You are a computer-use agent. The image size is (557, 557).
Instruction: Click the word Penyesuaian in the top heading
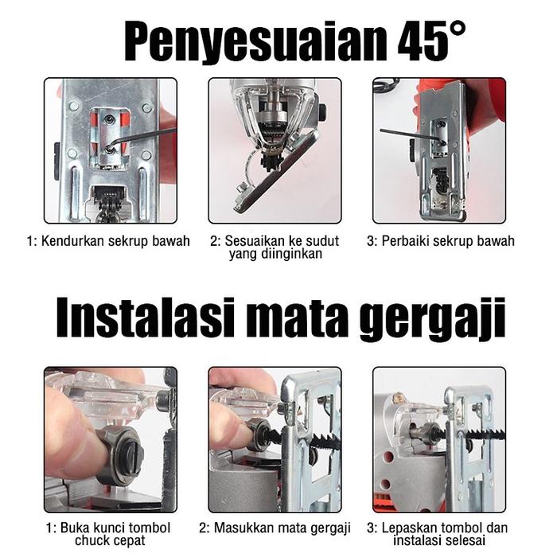click(255, 42)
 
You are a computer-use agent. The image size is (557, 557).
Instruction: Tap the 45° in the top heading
click(432, 41)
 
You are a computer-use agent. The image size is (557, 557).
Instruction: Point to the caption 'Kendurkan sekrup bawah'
click(115, 241)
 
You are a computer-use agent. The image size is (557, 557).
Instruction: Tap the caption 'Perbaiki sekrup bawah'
click(448, 241)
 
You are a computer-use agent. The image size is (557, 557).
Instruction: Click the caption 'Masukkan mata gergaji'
click(282, 528)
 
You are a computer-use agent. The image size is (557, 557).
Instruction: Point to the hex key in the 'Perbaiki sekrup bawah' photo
click(412, 136)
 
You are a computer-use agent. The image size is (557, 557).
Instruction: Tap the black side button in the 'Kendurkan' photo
click(56, 161)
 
